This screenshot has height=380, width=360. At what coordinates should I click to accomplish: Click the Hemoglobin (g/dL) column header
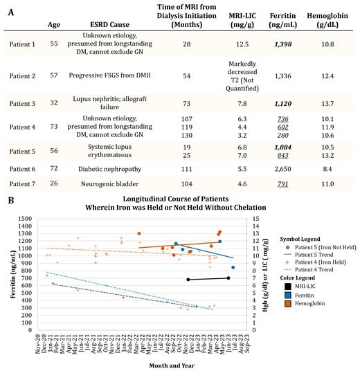328,28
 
